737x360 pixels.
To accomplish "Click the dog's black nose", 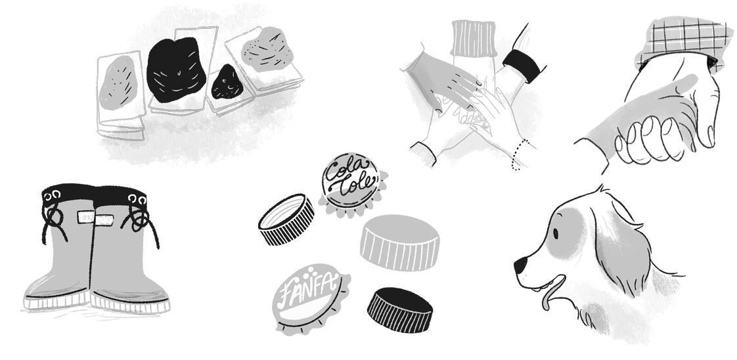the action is click(x=520, y=266).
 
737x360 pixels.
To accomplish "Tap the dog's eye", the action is click(x=556, y=234).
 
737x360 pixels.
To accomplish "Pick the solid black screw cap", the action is click(x=399, y=309).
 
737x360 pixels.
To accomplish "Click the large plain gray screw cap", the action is click(x=399, y=242).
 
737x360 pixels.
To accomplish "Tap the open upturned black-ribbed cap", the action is click(x=286, y=219).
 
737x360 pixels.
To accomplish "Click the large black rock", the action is click(x=176, y=70).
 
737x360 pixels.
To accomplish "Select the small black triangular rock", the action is click(x=227, y=83).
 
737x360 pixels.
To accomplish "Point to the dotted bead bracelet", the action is click(x=518, y=154).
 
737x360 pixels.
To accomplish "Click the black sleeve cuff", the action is click(x=523, y=66).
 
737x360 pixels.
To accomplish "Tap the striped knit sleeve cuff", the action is click(x=474, y=39).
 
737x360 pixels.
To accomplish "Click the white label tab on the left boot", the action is click(x=87, y=217).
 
